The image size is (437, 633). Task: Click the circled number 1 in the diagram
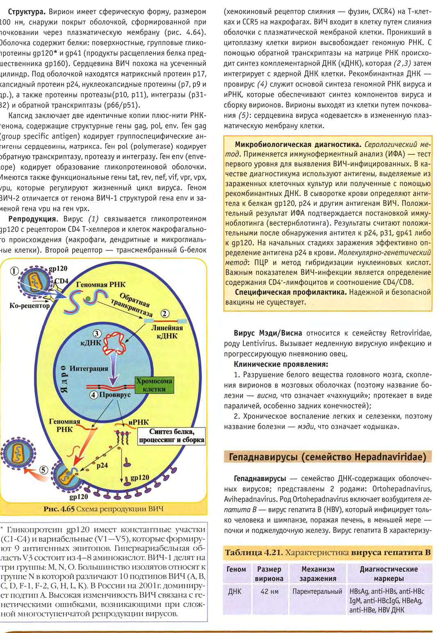click(14, 271)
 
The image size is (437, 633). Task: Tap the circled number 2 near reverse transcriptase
click(165, 314)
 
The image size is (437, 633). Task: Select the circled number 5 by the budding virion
click(43, 470)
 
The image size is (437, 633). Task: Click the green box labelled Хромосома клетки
click(154, 385)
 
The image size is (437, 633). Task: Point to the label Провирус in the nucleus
click(115, 395)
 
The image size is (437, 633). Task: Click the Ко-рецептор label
click(29, 305)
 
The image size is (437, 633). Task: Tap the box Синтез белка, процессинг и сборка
click(171, 436)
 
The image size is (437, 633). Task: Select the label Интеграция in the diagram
click(89, 368)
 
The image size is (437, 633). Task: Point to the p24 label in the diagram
click(102, 465)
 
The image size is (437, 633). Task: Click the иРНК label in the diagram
click(138, 422)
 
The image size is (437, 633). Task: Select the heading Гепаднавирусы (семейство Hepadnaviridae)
click(328, 457)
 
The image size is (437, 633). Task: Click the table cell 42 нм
click(269, 591)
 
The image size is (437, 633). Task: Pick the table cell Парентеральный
click(317, 591)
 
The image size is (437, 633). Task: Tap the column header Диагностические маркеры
click(388, 574)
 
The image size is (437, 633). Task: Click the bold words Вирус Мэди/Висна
click(268, 333)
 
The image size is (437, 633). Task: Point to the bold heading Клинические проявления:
click(281, 364)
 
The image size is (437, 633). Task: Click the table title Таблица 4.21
click(253, 552)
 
